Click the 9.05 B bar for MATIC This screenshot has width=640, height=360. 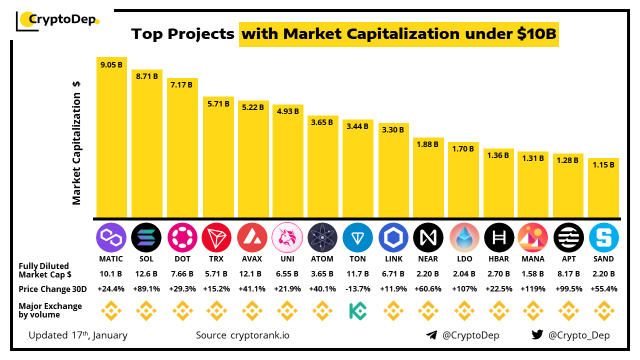(x=111, y=137)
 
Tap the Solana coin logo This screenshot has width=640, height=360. (x=146, y=237)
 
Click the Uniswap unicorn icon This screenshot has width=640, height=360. (x=287, y=237)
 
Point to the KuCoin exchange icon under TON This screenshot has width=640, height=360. (x=358, y=311)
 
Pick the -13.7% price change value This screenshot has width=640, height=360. (x=358, y=289)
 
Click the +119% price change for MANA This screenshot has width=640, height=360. (x=533, y=289)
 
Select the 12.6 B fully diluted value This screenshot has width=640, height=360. (x=146, y=274)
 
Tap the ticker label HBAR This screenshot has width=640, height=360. (x=498, y=259)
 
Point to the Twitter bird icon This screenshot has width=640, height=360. (x=537, y=335)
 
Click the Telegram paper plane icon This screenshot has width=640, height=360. (x=431, y=335)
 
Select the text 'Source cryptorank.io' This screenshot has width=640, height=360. (x=242, y=335)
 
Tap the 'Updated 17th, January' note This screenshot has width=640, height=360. (x=78, y=335)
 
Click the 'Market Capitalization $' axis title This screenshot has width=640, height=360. (x=76, y=143)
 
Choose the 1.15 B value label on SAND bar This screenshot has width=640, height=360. (x=604, y=164)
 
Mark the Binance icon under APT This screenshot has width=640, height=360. (x=568, y=311)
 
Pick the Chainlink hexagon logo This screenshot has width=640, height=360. (x=393, y=237)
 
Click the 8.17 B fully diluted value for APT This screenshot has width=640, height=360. (x=568, y=274)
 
